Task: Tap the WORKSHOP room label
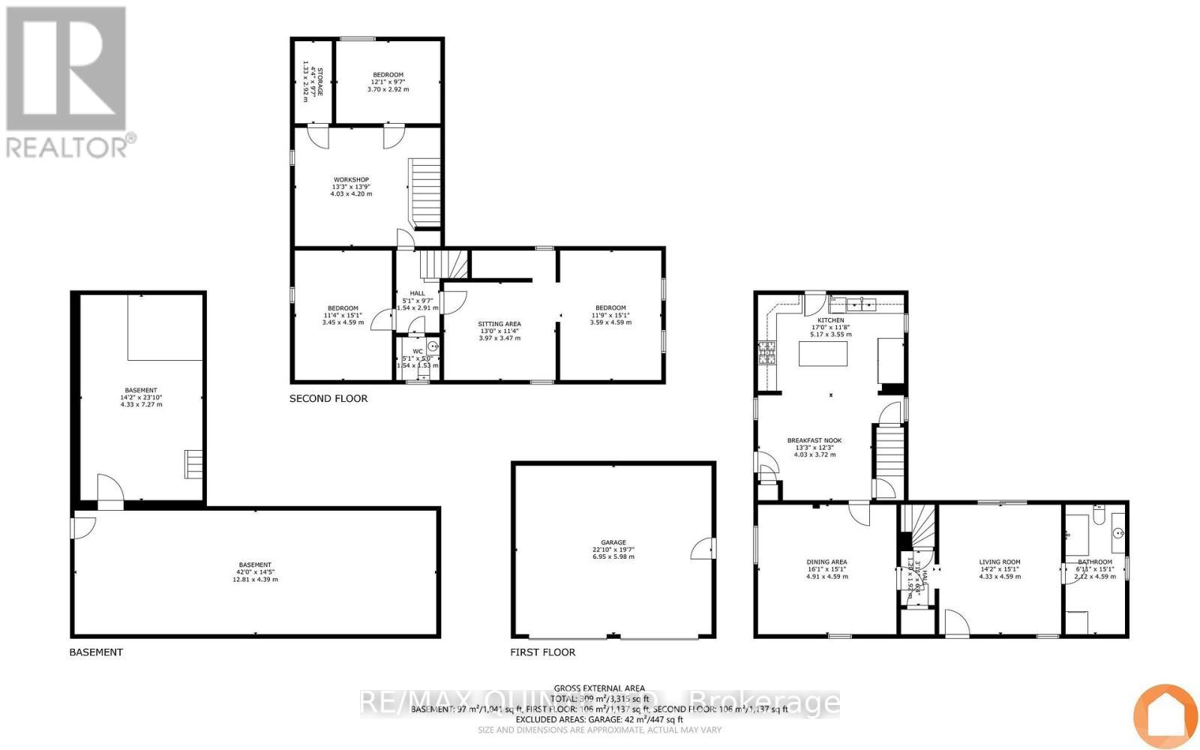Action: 351,180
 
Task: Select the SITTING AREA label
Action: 499,324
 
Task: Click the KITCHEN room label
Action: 830,320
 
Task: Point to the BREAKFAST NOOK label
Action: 814,441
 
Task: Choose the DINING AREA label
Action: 826,562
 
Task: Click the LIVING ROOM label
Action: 999,562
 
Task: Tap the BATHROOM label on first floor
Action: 1095,562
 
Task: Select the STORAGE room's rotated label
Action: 320,82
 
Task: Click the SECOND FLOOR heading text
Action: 328,398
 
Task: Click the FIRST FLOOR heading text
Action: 542,652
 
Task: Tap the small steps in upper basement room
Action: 193,464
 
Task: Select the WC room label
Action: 418,351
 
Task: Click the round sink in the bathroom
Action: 1118,534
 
